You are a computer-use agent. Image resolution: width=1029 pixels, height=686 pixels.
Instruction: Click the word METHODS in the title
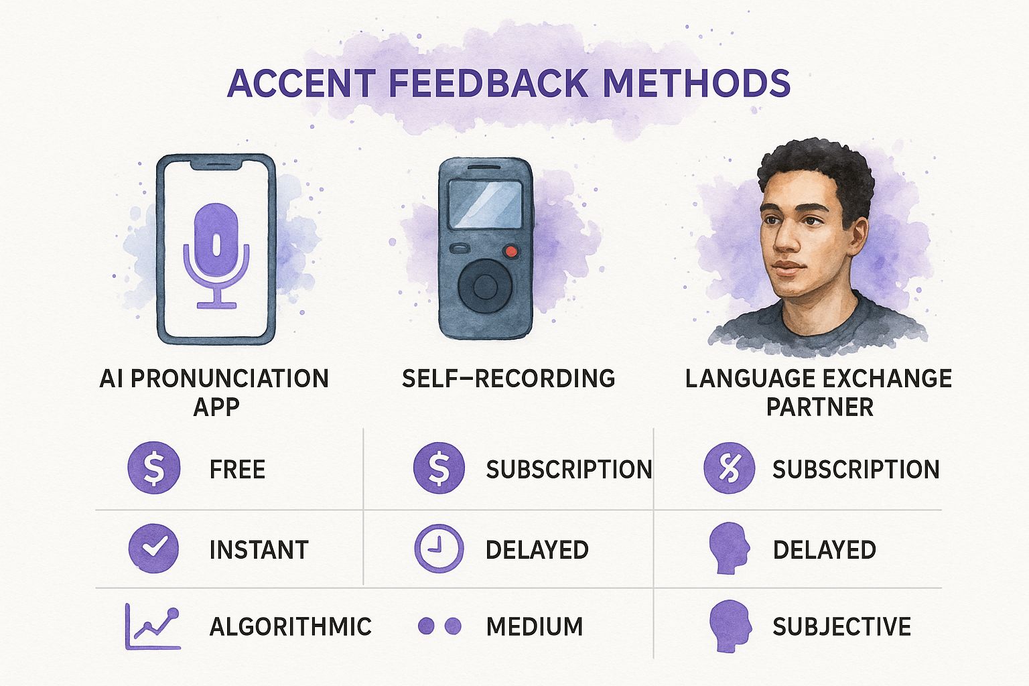click(696, 83)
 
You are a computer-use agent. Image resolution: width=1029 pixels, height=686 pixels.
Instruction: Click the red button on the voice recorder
click(511, 251)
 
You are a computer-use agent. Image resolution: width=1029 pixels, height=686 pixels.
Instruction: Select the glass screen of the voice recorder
click(486, 204)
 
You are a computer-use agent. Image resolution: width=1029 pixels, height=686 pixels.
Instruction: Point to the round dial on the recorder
click(485, 286)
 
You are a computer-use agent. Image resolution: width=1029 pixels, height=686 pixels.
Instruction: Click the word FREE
click(237, 469)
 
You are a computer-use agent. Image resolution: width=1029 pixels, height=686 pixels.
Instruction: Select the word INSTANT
click(259, 549)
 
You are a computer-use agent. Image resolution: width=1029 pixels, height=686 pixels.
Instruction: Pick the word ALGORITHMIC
click(290, 626)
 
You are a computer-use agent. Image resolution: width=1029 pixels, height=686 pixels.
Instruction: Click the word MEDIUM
click(534, 626)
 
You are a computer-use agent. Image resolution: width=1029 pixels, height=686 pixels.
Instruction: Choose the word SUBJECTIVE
click(841, 626)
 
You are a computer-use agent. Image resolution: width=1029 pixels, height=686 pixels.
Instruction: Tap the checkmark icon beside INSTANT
click(153, 548)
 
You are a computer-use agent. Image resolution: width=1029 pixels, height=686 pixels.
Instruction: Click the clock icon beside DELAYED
click(439, 549)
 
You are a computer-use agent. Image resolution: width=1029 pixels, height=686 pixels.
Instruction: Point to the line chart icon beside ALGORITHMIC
click(153, 627)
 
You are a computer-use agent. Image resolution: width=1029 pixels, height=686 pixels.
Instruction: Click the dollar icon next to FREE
click(153, 468)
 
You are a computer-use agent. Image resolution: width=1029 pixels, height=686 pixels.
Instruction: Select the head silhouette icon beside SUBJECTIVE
click(730, 626)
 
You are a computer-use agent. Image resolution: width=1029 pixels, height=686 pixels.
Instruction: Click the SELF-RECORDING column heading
click(508, 379)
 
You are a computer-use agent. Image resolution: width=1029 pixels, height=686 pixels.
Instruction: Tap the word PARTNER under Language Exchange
click(820, 407)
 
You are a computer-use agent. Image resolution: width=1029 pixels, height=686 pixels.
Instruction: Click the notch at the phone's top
click(216, 164)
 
